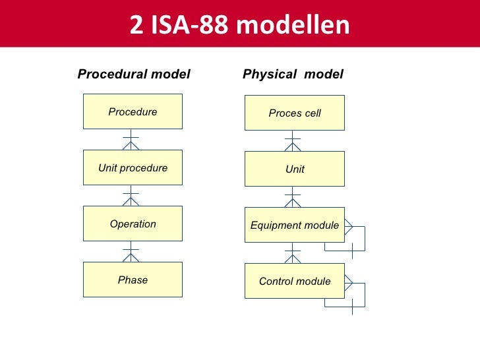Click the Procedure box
133,111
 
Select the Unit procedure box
133,167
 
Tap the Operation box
133,224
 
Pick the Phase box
133,280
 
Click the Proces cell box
295,113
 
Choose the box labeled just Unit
295,169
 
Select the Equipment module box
295,225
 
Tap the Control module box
295,281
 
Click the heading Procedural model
134,74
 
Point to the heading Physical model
293,74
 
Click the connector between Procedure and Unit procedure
131,139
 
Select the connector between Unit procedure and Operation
131,195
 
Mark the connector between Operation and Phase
131,251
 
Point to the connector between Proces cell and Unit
293,140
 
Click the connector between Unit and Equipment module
293,196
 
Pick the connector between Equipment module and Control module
293,253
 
